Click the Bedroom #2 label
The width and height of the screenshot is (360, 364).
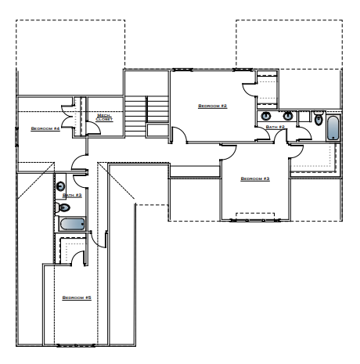[212, 106]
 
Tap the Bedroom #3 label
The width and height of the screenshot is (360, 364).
[255, 179]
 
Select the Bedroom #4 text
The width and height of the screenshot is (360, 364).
[45, 128]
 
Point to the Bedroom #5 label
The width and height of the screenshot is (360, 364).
[77, 297]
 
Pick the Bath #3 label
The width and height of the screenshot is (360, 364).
[72, 195]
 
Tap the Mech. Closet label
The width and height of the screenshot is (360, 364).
[104, 117]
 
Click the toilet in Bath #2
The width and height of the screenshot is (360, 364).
[318, 118]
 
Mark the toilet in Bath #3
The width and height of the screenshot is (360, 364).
[64, 207]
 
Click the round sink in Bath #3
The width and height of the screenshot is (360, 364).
[60, 186]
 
